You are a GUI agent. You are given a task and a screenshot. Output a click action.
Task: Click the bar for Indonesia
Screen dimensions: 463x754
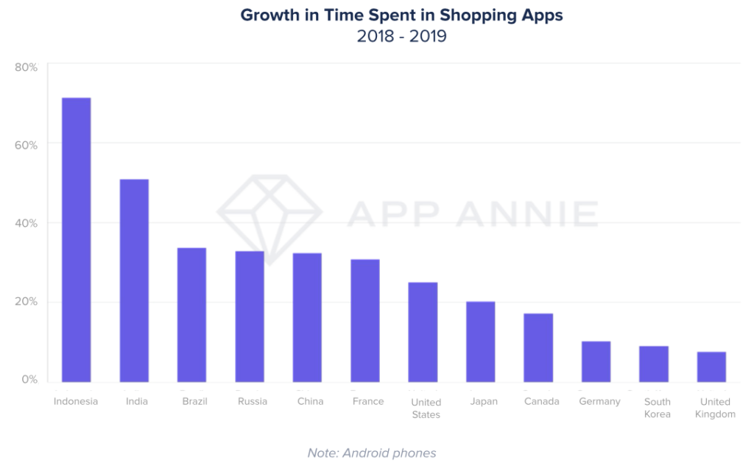[x=76, y=239]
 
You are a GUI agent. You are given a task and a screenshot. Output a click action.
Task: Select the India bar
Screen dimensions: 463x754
[x=134, y=280]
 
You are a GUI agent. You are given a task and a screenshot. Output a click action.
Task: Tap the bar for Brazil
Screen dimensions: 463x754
[x=192, y=314]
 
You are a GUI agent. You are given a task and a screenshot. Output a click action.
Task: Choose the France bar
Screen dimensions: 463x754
[x=365, y=320]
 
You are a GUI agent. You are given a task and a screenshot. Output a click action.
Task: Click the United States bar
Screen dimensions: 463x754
[x=423, y=332]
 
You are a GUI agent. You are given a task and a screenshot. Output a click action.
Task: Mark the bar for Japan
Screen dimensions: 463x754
[x=480, y=342]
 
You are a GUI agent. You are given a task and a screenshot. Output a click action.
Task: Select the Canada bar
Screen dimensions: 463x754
[x=538, y=347]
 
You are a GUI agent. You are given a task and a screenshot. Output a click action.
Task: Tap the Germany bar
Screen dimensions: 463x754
[x=596, y=361]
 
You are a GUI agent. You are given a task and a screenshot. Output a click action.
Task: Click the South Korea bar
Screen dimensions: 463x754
[x=654, y=364]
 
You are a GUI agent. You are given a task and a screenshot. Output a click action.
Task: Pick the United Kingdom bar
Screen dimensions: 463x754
[x=711, y=367]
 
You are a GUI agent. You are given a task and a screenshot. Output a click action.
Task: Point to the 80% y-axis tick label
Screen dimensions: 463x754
[x=26, y=67]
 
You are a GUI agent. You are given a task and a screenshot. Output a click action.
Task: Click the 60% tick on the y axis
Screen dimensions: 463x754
[x=26, y=145]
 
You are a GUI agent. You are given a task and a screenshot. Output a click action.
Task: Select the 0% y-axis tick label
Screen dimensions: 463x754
[x=29, y=379]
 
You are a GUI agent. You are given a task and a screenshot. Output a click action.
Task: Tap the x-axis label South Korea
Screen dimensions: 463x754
[x=658, y=408]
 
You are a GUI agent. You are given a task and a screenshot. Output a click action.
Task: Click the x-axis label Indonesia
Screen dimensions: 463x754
[x=76, y=401]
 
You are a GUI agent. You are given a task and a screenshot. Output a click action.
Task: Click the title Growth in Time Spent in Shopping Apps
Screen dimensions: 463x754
[x=401, y=15]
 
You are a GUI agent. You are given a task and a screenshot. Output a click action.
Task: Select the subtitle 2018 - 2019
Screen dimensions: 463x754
[x=401, y=35]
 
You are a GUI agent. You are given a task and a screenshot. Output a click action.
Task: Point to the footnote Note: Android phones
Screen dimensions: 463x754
[x=372, y=453]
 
